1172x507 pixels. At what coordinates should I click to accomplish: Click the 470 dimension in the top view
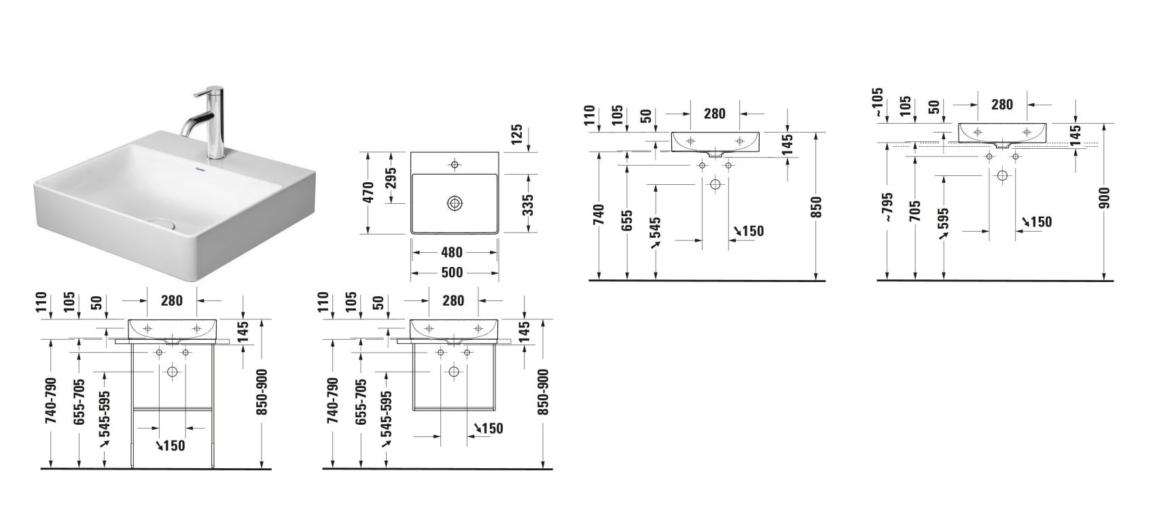[x=368, y=193]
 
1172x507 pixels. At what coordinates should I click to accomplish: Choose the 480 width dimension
[x=451, y=252]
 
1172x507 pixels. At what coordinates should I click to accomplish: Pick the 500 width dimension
[x=451, y=273]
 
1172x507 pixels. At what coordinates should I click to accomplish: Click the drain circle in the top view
[x=455, y=203]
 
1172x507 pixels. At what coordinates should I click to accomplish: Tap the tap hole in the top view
[x=455, y=164]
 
